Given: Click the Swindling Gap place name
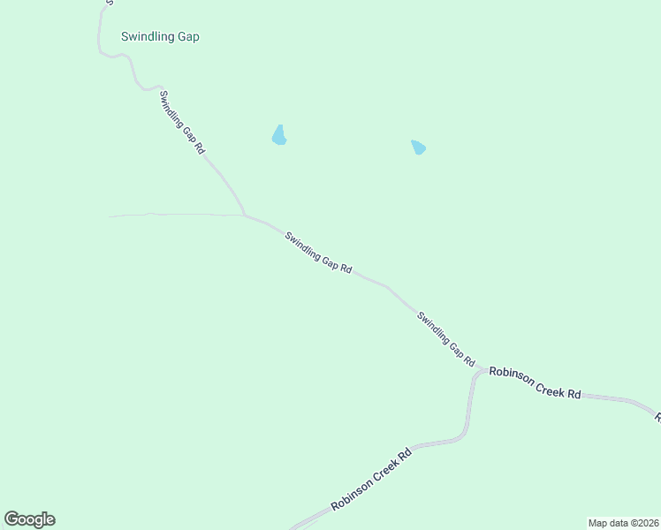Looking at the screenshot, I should (160, 37).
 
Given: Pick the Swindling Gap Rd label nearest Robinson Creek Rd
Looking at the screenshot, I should (446, 339).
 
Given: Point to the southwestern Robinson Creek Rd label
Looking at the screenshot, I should (372, 480).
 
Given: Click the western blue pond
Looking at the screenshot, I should (279, 135).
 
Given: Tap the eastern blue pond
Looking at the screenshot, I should (418, 147).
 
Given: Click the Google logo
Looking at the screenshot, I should (29, 519).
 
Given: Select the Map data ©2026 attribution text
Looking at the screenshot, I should (622, 523).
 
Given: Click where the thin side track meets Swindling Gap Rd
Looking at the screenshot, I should (244, 215).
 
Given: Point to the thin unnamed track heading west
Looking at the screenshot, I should (168, 214).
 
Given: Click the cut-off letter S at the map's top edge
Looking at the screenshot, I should (109, 3).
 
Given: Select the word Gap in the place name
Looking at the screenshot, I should (186, 37).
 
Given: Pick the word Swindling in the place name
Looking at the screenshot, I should (147, 37).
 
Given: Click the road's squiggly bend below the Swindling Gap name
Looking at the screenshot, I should (133, 71).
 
